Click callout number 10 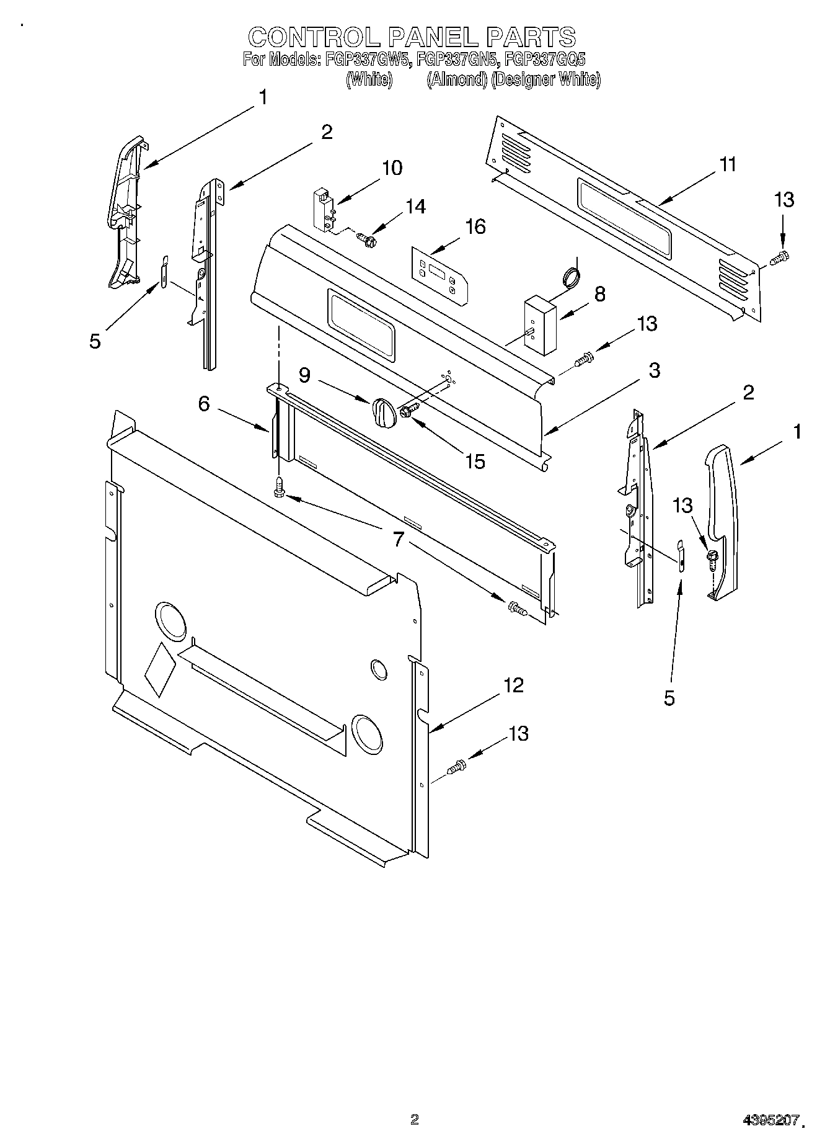click(x=392, y=168)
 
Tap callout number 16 click(x=475, y=227)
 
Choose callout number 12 click(x=513, y=685)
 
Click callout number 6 click(x=204, y=404)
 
